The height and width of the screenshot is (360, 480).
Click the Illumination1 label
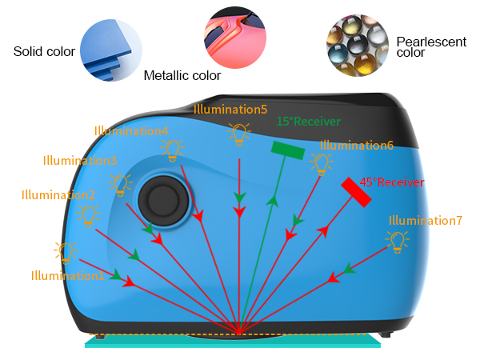click(67, 275)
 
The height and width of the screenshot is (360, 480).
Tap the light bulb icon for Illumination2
click(88, 216)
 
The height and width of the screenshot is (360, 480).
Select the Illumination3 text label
click(80, 161)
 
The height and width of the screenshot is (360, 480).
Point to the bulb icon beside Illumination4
click(172, 150)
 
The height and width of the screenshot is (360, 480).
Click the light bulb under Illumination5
click(239, 134)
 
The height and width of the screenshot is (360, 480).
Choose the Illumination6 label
click(357, 146)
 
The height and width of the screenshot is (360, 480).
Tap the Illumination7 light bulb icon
click(398, 242)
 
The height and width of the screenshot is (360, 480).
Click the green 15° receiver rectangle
click(288, 150)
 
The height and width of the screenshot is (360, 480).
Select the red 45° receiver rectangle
click(356, 192)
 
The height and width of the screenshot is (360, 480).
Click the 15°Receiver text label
click(309, 122)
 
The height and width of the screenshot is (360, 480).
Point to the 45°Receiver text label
click(392, 182)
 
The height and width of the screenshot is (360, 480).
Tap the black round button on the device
click(163, 201)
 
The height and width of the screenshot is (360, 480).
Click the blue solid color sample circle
click(111, 50)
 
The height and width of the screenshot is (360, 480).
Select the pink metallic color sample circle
click(235, 38)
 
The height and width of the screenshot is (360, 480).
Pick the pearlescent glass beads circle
click(358, 46)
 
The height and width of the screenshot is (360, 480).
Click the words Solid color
click(44, 51)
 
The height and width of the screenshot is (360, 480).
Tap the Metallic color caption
click(182, 75)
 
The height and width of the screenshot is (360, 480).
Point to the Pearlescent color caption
click(431, 47)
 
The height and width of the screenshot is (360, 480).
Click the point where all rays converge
click(239, 334)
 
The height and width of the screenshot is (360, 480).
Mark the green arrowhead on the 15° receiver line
click(273, 202)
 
